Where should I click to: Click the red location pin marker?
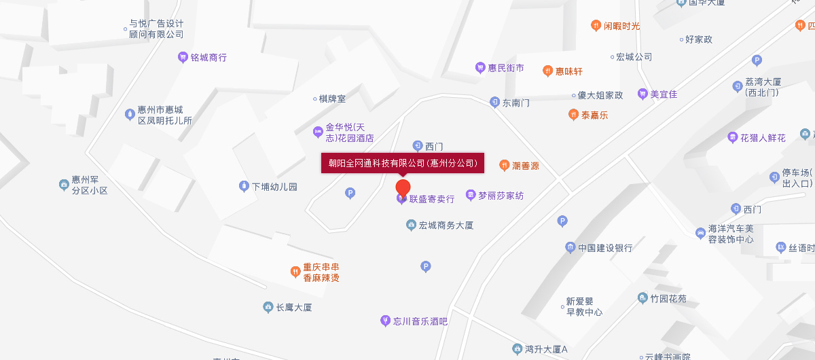tap(403, 187)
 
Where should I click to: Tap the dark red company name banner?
tap(402, 163)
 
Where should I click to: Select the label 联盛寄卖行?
tap(431, 199)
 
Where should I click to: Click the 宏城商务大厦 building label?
tap(446, 225)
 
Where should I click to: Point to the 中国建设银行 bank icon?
tap(570, 247)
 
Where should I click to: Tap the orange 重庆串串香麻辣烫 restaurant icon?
tap(295, 272)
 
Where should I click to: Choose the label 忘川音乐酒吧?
tap(420, 321)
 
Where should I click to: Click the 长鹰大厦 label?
tap(293, 308)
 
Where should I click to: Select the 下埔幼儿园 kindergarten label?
tap(274, 186)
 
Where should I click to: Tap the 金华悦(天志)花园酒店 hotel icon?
tap(317, 132)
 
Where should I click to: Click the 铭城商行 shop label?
tap(209, 58)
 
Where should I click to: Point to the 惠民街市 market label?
tap(506, 68)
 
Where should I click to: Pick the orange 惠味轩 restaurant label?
tap(569, 71)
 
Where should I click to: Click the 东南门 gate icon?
tap(495, 103)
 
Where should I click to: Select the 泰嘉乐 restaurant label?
tap(594, 115)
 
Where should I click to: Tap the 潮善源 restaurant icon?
tap(504, 165)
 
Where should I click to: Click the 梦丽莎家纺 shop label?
tap(501, 196)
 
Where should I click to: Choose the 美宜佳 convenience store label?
tap(664, 94)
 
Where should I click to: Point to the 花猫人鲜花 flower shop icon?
tap(732, 138)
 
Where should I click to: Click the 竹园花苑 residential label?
tap(668, 298)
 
